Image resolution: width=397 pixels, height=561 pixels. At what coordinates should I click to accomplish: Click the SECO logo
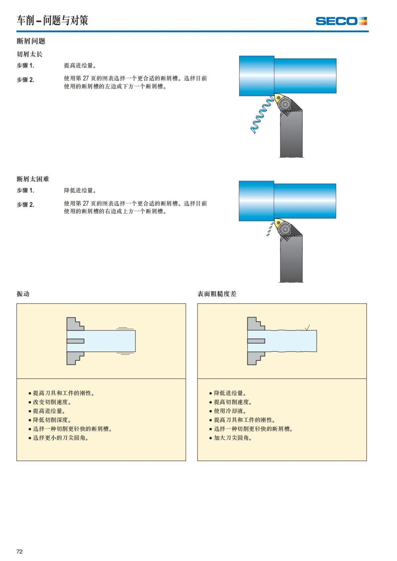341,21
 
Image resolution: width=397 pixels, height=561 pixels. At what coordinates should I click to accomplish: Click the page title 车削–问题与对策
52,20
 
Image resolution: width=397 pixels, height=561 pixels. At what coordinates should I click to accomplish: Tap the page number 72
20,551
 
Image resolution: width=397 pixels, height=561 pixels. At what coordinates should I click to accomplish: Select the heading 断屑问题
31,41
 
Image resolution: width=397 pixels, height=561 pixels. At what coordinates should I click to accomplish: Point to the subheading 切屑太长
29,54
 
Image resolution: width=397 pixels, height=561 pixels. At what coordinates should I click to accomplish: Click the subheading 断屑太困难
33,179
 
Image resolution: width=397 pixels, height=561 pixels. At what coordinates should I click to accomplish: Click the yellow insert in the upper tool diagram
278,99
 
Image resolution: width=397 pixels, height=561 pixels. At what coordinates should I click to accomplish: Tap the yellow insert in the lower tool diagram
277,223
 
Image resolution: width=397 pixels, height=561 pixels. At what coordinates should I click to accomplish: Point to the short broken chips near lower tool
270,229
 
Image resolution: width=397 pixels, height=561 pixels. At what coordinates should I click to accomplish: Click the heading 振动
23,294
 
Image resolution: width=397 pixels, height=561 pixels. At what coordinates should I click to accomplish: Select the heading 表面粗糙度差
217,294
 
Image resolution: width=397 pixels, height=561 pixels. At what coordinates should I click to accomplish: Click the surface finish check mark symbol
307,327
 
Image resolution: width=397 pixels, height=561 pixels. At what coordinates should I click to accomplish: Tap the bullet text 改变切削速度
52,402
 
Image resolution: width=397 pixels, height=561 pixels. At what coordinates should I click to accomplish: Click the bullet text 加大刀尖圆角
233,438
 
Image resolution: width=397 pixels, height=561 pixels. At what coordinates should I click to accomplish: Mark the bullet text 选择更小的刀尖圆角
60,438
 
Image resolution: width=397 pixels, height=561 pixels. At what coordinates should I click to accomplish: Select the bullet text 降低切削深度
52,420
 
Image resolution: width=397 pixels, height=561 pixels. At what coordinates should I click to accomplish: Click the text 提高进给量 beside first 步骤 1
80,66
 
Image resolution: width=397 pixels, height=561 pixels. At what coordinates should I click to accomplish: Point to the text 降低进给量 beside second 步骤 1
80,191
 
